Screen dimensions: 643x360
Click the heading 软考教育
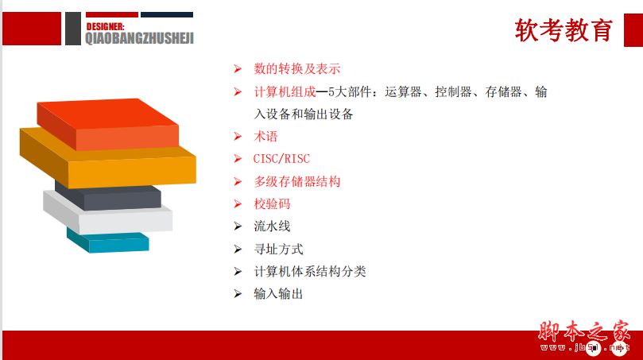click(x=564, y=30)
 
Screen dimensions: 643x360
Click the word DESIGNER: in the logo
click(x=105, y=27)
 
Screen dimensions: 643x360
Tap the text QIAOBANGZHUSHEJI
click(x=139, y=38)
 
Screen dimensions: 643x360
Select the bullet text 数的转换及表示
click(x=297, y=69)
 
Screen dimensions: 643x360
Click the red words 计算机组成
click(x=285, y=92)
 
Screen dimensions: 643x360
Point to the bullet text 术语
click(x=265, y=137)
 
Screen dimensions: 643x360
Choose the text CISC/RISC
click(x=281, y=159)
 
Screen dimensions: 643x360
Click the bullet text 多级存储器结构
click(x=297, y=182)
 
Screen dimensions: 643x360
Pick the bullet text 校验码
click(x=272, y=203)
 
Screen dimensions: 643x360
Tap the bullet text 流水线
click(x=272, y=226)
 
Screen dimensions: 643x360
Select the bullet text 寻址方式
click(x=278, y=249)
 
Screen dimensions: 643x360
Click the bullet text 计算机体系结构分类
click(x=310, y=272)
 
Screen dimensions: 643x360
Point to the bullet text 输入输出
click(x=278, y=294)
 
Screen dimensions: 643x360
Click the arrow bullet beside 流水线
click(x=238, y=226)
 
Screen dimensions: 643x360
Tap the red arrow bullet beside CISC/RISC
click(x=238, y=159)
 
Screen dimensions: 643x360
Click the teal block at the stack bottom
click(x=108, y=241)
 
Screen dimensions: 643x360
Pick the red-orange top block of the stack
click(x=108, y=124)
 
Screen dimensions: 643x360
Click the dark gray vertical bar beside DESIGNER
click(x=73, y=29)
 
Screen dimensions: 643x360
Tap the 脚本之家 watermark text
click(x=583, y=331)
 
